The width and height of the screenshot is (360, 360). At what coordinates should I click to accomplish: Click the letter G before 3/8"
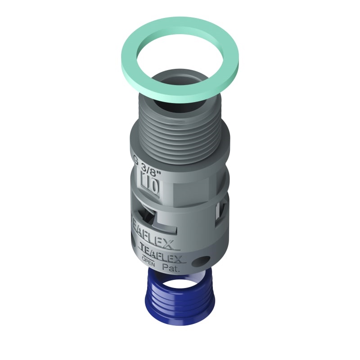pyautogui.click(x=136, y=158)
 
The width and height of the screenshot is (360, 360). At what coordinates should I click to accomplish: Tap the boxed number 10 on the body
pyautogui.click(x=149, y=185)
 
